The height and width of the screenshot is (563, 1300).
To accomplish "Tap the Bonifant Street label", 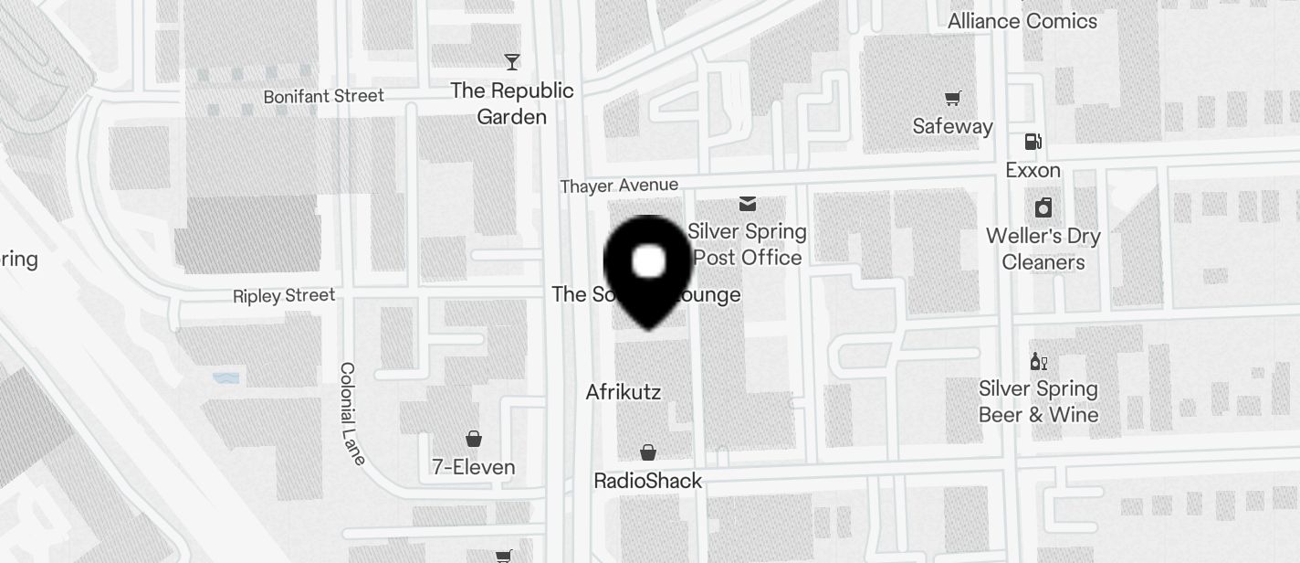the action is [x=323, y=96].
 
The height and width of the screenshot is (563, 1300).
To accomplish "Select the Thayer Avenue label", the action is [x=619, y=186].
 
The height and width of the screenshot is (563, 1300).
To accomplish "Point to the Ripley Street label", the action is [x=284, y=295].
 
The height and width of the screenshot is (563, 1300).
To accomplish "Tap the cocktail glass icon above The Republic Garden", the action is [x=512, y=62].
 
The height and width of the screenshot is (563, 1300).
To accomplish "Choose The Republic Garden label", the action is [x=512, y=103].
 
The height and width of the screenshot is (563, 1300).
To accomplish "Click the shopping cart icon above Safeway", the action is [x=952, y=98].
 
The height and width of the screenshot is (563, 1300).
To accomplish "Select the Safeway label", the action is [x=952, y=126].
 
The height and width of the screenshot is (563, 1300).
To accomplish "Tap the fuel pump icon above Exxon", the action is [x=1033, y=142].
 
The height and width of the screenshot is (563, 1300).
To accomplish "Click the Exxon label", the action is [x=1033, y=170].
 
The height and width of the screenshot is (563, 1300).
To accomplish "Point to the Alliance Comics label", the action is [x=1022, y=20].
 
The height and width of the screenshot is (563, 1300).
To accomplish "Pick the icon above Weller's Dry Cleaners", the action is [x=1043, y=207].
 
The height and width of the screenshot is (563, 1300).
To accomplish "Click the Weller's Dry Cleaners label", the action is [x=1043, y=249].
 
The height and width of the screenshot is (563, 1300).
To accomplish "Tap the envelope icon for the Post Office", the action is [x=748, y=203].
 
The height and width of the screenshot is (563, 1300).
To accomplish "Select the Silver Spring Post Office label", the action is [x=747, y=244].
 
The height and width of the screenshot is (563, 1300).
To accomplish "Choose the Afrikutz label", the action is [x=623, y=392].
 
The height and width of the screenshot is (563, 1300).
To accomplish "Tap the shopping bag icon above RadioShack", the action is [x=647, y=452].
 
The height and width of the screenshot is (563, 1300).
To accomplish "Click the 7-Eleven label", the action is [x=473, y=467].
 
